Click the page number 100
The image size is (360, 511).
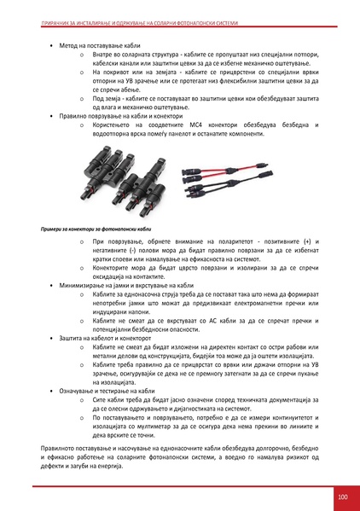coord(342,497)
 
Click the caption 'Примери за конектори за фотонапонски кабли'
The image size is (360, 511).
coord(96,229)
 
